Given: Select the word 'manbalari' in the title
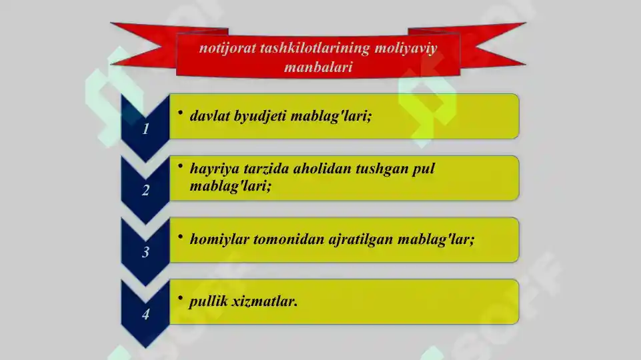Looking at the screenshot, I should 317,68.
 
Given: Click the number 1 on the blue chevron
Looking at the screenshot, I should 145,129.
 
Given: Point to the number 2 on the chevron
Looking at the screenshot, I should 145,191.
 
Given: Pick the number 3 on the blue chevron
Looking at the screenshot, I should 145,253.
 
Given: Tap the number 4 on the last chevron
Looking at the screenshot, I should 145,315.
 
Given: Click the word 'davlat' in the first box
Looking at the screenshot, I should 208,116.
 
